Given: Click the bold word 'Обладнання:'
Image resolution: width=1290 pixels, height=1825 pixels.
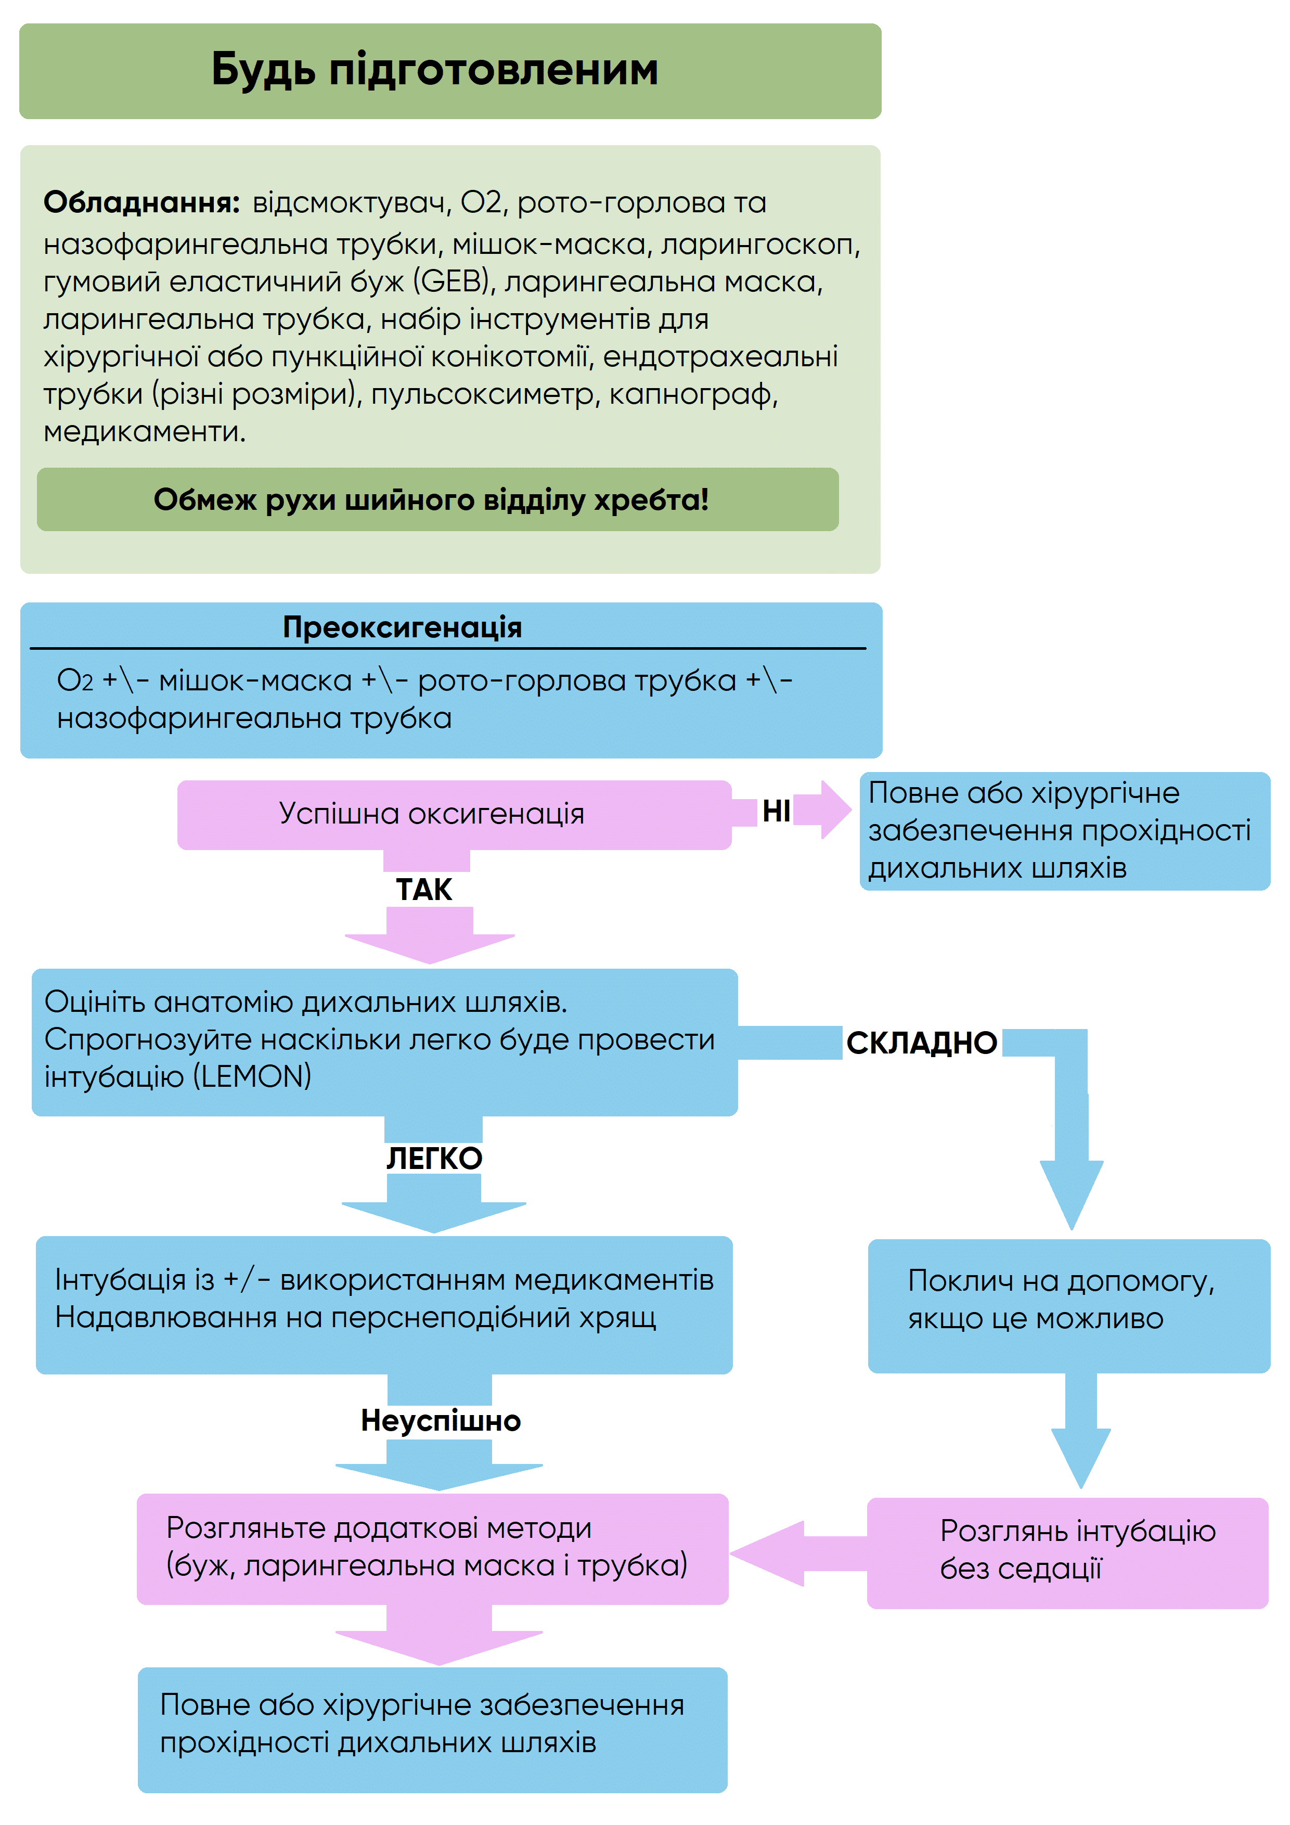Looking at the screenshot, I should tap(141, 203).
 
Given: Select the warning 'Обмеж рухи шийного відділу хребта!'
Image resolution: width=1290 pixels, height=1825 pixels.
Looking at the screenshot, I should tap(431, 500).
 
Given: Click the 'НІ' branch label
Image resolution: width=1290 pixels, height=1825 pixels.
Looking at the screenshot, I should tap(776, 811).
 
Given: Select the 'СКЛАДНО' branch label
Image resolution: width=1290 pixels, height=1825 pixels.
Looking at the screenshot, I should tap(921, 1043).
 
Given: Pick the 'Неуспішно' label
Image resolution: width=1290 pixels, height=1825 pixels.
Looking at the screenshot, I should tap(441, 1420).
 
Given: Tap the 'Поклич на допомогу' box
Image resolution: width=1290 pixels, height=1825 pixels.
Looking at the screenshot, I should tap(1068, 1305).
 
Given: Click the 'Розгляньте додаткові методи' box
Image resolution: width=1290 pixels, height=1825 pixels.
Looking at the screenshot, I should tap(432, 1547).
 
